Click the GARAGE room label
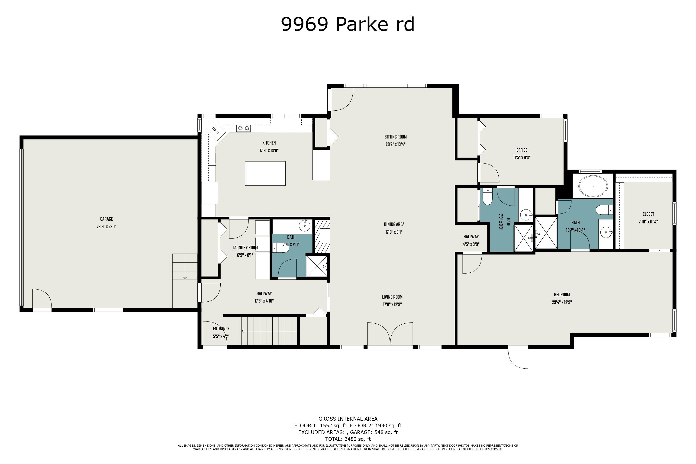[106, 219]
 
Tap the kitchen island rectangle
[265, 173]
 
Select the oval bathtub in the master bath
[593, 187]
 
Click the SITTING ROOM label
[395, 137]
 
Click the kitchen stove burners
[244, 129]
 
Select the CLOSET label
[648, 214]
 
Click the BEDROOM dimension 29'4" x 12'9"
[562, 303]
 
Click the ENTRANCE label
[221, 329]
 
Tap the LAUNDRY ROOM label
[245, 248]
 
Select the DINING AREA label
[394, 225]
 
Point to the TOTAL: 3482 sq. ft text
[348, 439]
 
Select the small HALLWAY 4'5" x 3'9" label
[471, 237]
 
